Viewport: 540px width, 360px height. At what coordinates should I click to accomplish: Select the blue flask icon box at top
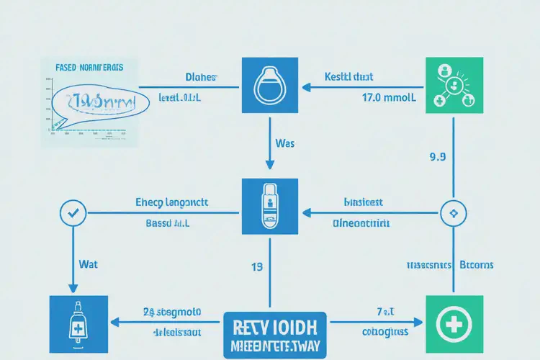point(270,88)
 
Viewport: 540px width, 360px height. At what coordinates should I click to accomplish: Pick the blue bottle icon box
point(77,318)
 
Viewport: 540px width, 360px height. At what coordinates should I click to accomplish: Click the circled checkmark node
point(75,213)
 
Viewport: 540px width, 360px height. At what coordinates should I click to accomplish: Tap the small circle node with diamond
point(452,213)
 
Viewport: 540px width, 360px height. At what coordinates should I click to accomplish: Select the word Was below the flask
point(284,143)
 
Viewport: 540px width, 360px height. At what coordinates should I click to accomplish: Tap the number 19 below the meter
point(256,267)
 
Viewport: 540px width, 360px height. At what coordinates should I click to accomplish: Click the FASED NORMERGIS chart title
point(89,67)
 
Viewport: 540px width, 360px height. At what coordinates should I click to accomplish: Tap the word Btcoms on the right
point(476,265)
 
